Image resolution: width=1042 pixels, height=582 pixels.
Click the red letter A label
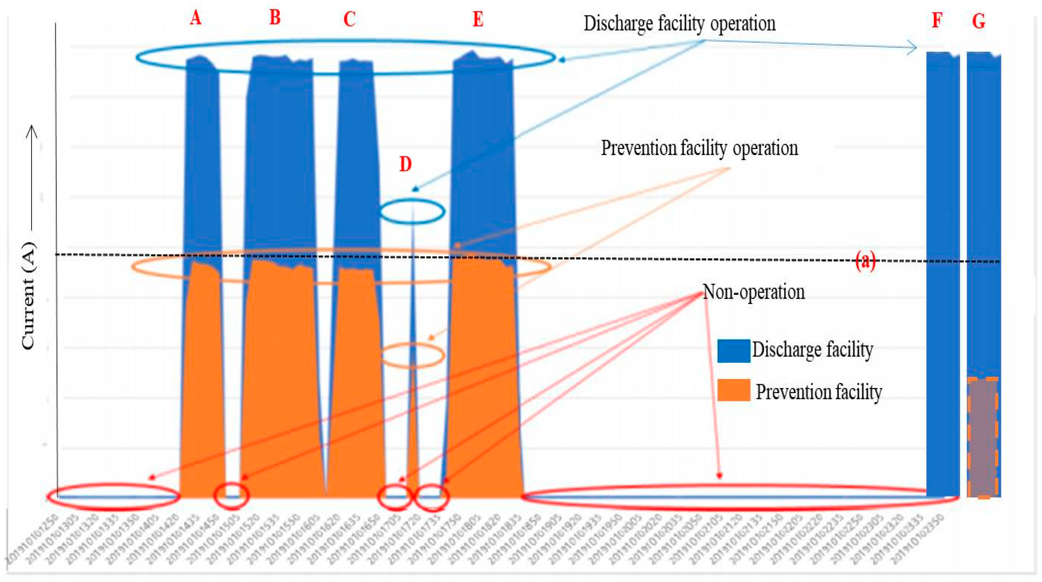pyautogui.click(x=195, y=18)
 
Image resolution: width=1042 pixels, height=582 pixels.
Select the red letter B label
pyautogui.click(x=275, y=18)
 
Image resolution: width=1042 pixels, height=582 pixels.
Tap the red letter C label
pyautogui.click(x=350, y=19)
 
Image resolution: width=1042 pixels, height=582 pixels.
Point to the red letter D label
pyautogui.click(x=405, y=165)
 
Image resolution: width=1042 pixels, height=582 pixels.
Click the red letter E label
pyautogui.click(x=478, y=19)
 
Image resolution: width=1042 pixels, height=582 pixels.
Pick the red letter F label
pyautogui.click(x=937, y=20)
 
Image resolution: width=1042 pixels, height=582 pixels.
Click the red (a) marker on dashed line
pyautogui.click(x=865, y=261)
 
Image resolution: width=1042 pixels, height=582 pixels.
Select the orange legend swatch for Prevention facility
pyautogui.click(x=733, y=390)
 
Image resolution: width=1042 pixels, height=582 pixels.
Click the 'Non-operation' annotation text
pyautogui.click(x=753, y=292)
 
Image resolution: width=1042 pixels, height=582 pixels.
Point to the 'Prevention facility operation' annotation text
pyautogui.click(x=699, y=148)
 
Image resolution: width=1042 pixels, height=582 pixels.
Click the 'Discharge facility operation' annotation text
pyautogui.click(x=680, y=24)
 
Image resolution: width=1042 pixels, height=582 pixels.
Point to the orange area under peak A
pyautogui.click(x=202, y=384)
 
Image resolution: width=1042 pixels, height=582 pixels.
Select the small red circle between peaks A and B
pyautogui.click(x=231, y=495)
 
